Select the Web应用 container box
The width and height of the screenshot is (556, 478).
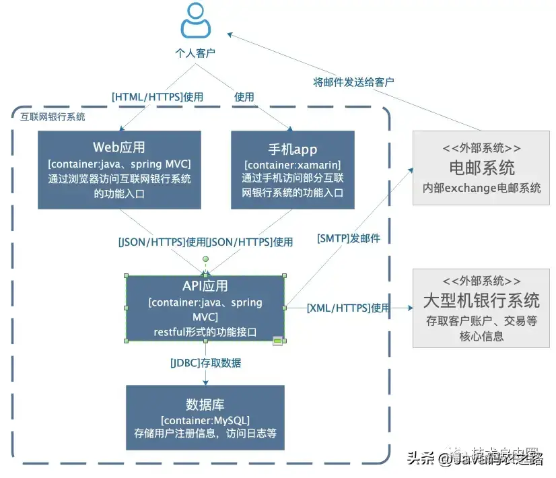point(119,169)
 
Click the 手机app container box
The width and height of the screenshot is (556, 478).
point(293,169)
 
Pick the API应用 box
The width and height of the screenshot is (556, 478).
point(205,308)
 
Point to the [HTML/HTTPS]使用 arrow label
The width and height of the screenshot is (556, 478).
point(157,97)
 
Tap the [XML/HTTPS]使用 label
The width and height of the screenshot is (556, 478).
point(348,308)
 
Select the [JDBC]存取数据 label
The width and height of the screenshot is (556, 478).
point(205,363)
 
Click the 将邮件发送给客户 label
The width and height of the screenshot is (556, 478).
point(353,81)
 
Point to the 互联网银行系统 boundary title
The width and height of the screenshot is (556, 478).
point(53,117)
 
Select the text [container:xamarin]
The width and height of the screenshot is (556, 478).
point(293,165)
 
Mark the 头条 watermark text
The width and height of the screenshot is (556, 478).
point(421,459)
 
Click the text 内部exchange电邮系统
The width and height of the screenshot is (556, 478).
point(481,188)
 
